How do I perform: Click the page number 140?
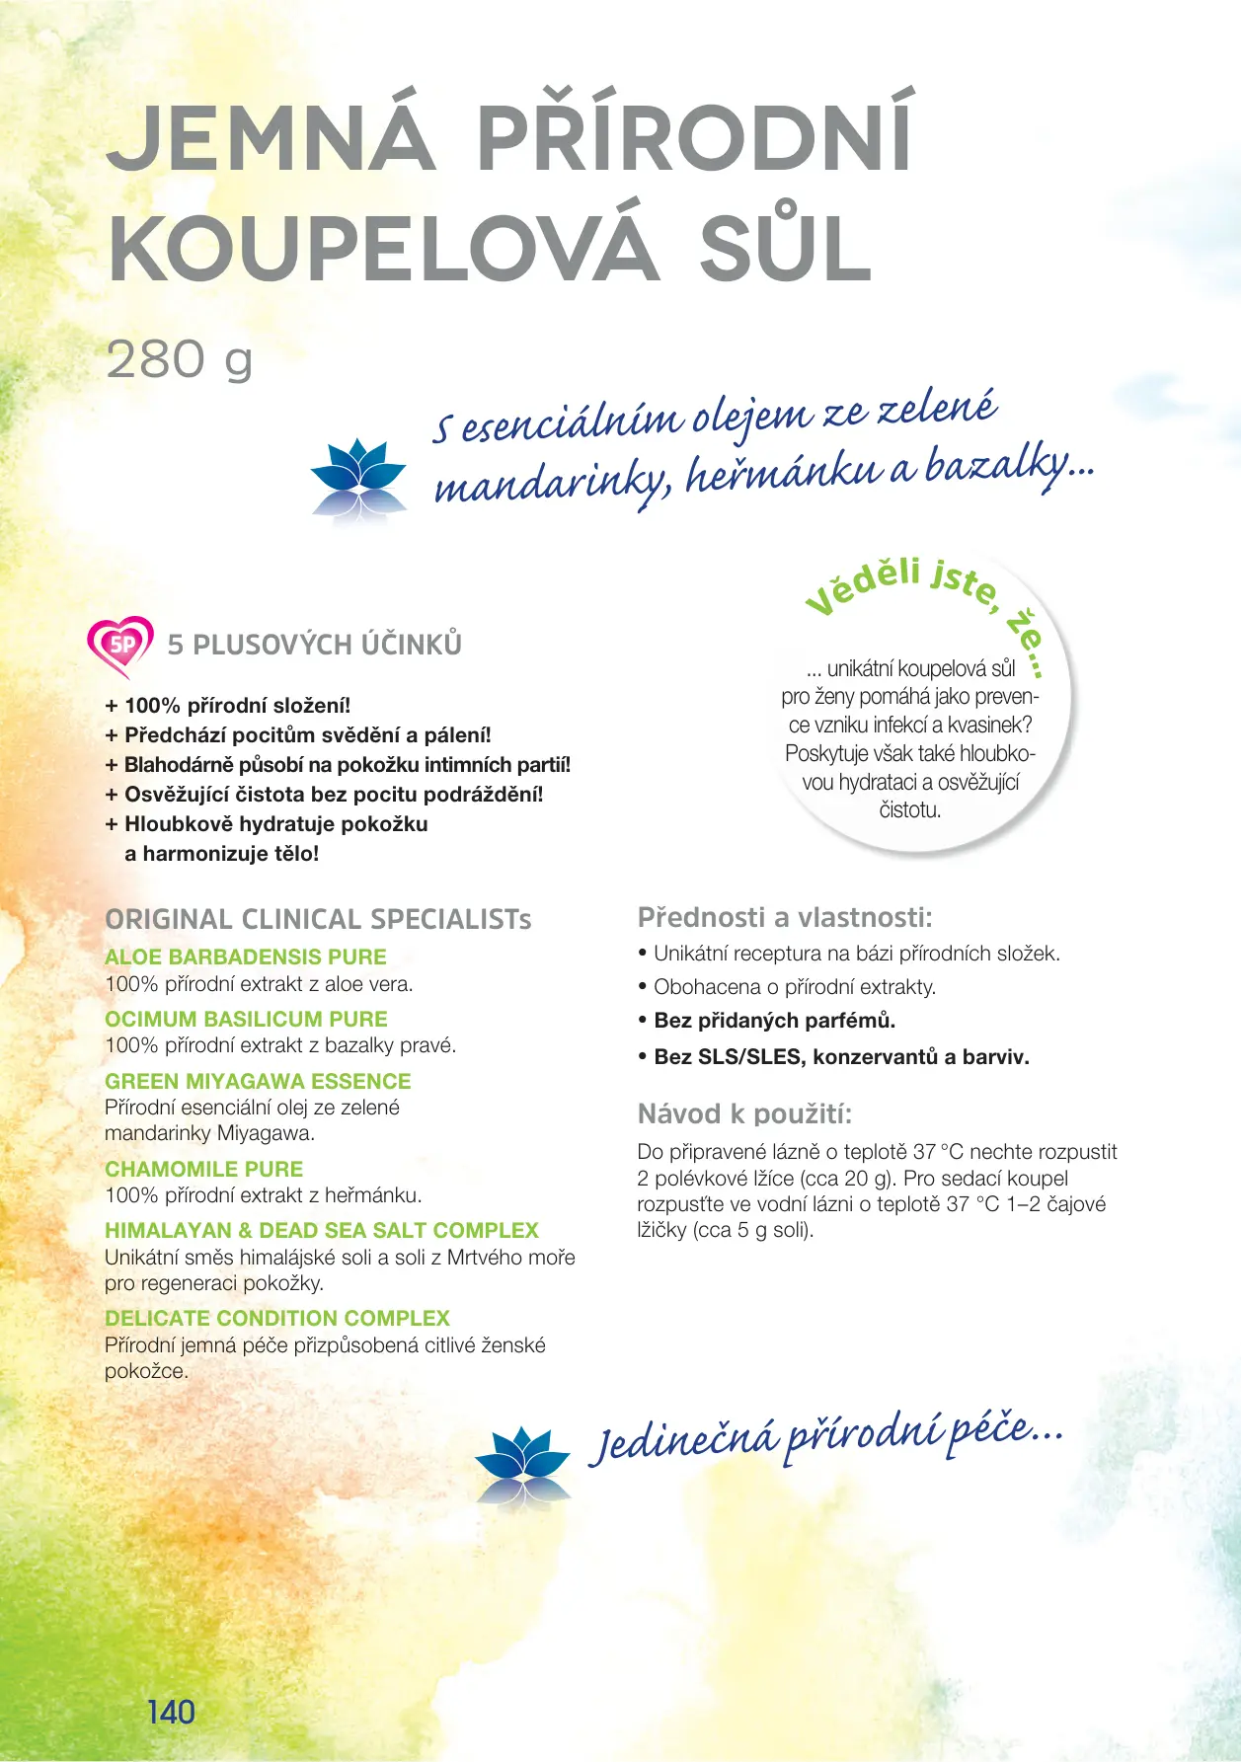tap(171, 1711)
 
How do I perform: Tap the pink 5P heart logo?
tap(120, 646)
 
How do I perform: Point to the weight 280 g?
tap(179, 360)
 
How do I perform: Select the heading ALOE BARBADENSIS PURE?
tap(246, 957)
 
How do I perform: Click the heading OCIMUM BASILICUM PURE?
tap(246, 1019)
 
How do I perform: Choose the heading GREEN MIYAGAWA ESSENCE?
tap(258, 1081)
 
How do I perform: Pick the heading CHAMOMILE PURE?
tap(203, 1169)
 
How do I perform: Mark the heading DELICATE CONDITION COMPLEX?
tap(277, 1318)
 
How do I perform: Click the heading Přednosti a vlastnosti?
tap(785, 917)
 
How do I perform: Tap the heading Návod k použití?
tap(744, 1114)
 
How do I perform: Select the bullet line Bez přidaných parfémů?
tap(774, 1021)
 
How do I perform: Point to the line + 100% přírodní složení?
tap(228, 706)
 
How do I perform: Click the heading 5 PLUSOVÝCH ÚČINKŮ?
tap(315, 645)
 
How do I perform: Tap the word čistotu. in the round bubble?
tap(909, 810)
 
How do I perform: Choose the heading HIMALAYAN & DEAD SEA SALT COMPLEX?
tap(322, 1230)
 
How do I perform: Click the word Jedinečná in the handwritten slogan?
tap(683, 1440)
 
